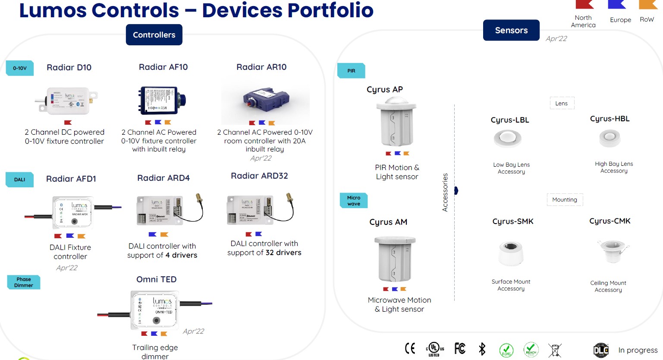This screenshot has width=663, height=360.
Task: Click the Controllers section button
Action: coord(154,35)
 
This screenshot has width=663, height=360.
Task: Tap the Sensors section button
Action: coord(511,30)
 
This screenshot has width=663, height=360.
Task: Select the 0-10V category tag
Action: coord(20,68)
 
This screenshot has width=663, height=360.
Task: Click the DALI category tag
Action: coord(19,180)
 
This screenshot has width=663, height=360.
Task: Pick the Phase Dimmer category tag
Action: coord(24,282)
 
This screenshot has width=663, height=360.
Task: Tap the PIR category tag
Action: coord(351,71)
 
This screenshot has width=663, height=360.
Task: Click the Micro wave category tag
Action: coord(354,201)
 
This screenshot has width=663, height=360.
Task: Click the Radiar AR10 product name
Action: coord(261,67)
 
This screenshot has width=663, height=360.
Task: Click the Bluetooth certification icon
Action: coord(482,349)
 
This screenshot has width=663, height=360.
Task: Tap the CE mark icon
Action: coord(410,348)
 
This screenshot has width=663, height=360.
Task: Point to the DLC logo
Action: coord(601,350)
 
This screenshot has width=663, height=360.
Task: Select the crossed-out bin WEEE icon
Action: coord(555,350)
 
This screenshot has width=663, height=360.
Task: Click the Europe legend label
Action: coord(620,20)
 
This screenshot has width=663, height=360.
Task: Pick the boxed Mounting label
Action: coord(565,200)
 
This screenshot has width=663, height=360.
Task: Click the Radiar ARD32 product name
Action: coord(259,176)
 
